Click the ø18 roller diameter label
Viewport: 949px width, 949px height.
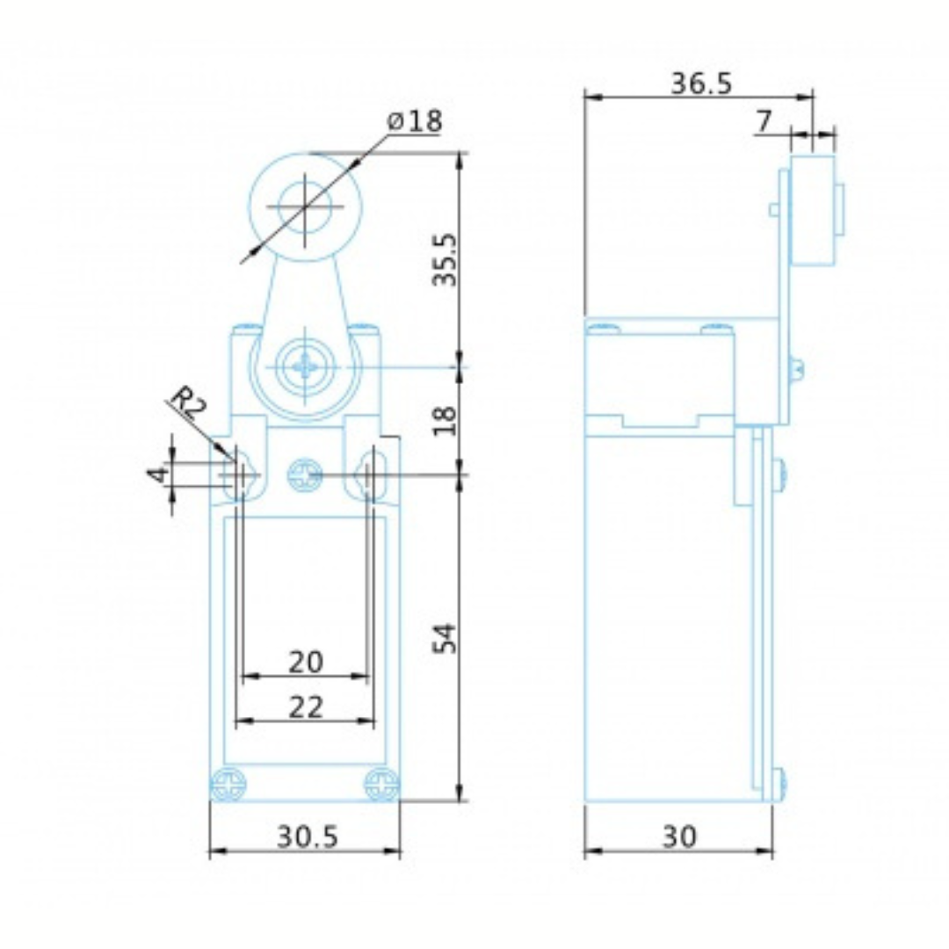(x=415, y=121)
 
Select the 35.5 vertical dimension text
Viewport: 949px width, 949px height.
(x=448, y=259)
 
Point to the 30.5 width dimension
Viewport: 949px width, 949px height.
(x=308, y=837)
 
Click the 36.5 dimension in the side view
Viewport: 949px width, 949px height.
(x=701, y=83)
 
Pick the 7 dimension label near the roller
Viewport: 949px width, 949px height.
(x=764, y=121)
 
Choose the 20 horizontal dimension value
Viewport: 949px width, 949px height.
(x=306, y=662)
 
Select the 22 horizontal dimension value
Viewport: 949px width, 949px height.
(x=306, y=706)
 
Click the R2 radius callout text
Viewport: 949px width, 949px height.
(x=188, y=403)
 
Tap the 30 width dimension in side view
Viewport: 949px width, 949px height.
(x=679, y=837)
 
